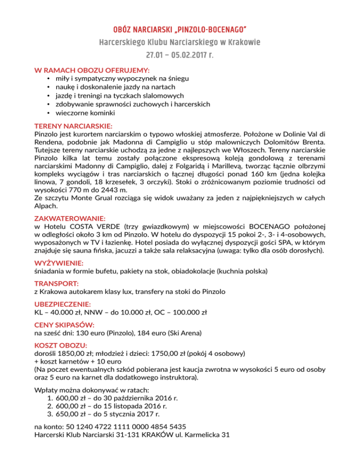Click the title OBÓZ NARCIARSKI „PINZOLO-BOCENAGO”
pyautogui.click(x=180, y=30)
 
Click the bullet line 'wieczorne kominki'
pyautogui.click(x=84, y=113)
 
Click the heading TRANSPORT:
pyautogui.click(x=56, y=284)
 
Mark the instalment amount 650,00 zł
pyautogui.click(x=71, y=414)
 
